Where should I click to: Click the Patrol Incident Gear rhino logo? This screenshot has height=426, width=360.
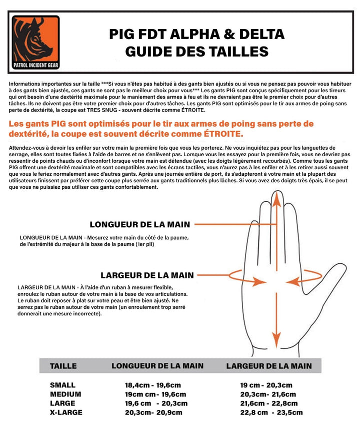[35, 43]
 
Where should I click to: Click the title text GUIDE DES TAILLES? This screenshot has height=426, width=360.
[196, 51]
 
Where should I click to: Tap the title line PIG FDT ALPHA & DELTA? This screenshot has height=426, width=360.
[196, 34]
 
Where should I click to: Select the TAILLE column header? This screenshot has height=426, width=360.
[63, 366]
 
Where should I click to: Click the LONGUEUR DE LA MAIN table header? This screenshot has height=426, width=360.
[157, 366]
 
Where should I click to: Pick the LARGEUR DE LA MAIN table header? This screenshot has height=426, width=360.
[269, 366]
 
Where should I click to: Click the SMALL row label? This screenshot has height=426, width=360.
[62, 385]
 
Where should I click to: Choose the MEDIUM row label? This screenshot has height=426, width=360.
[65, 394]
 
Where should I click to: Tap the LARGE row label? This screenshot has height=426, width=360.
[62, 403]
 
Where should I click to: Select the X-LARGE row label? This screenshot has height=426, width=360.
[66, 412]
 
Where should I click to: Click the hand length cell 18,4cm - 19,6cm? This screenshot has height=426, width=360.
[155, 385]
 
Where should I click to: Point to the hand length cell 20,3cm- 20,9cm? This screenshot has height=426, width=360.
[153, 412]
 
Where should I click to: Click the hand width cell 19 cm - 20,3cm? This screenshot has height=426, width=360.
[266, 385]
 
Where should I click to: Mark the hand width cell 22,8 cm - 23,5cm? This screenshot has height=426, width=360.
[272, 412]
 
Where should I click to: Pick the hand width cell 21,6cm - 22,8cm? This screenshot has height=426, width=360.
[269, 403]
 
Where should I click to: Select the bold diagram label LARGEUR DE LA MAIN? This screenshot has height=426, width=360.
[147, 275]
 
